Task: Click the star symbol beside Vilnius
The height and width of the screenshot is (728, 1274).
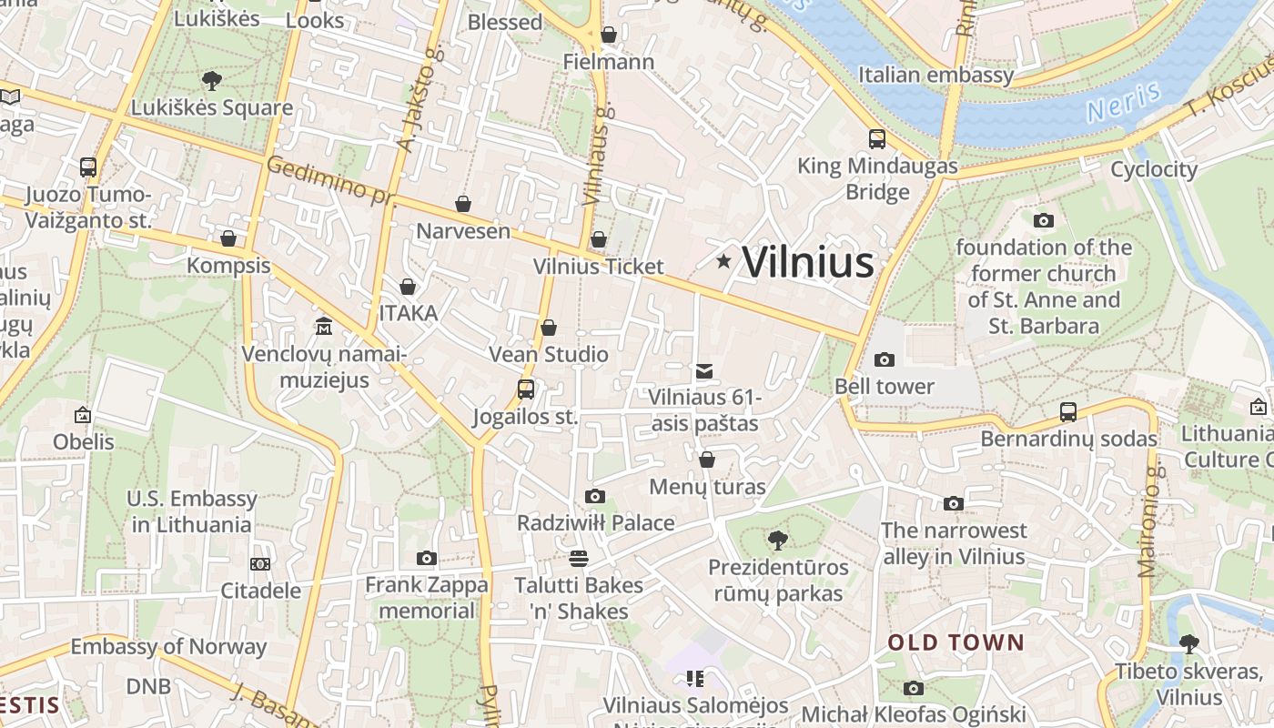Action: pyautogui.click(x=723, y=262)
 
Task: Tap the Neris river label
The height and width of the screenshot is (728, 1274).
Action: pyautogui.click(x=1123, y=102)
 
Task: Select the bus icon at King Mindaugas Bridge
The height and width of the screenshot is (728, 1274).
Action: pyautogui.click(x=877, y=139)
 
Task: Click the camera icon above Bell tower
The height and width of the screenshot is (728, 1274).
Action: pyautogui.click(x=884, y=359)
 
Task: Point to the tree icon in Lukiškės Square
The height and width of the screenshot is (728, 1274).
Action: pyautogui.click(x=212, y=81)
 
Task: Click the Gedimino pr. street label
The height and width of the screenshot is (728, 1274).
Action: pyautogui.click(x=329, y=179)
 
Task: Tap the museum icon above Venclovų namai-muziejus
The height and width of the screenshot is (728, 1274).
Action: pyautogui.click(x=324, y=326)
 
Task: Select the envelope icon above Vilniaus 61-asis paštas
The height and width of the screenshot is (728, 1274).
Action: pyautogui.click(x=703, y=371)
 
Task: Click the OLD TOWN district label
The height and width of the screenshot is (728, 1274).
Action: pyautogui.click(x=955, y=642)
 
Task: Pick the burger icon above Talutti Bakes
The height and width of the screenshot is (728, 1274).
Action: pyautogui.click(x=579, y=558)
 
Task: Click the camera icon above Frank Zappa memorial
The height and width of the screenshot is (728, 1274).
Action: pyautogui.click(x=427, y=558)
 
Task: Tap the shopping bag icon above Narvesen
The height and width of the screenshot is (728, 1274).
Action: pyautogui.click(x=463, y=204)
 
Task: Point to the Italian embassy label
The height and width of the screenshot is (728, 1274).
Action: pyautogui.click(x=935, y=75)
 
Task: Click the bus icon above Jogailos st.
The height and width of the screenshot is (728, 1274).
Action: pyautogui.click(x=526, y=389)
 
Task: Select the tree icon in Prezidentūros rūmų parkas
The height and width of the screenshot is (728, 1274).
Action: pyautogui.click(x=778, y=541)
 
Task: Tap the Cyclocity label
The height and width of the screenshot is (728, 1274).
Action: pyautogui.click(x=1154, y=169)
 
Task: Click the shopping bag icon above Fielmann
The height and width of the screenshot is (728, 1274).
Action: pyautogui.click(x=609, y=35)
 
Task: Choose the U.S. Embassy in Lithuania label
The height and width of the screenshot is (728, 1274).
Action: pyautogui.click(x=191, y=511)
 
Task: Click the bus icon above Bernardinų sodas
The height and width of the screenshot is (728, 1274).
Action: pyautogui.click(x=1068, y=412)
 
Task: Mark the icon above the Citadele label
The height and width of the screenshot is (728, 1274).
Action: pyautogui.click(x=260, y=564)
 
